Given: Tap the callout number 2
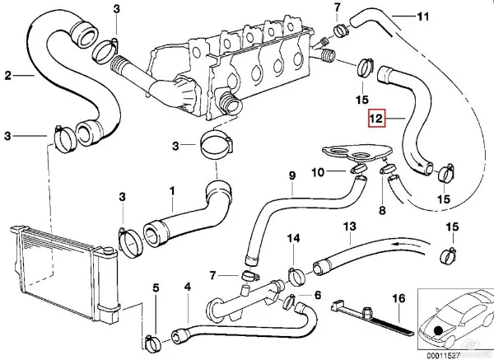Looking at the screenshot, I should [7, 77].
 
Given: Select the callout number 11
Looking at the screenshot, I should [424, 16].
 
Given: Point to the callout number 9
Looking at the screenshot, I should [291, 175].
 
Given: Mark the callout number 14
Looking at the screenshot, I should [293, 238].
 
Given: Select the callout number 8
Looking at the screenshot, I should [381, 211].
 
